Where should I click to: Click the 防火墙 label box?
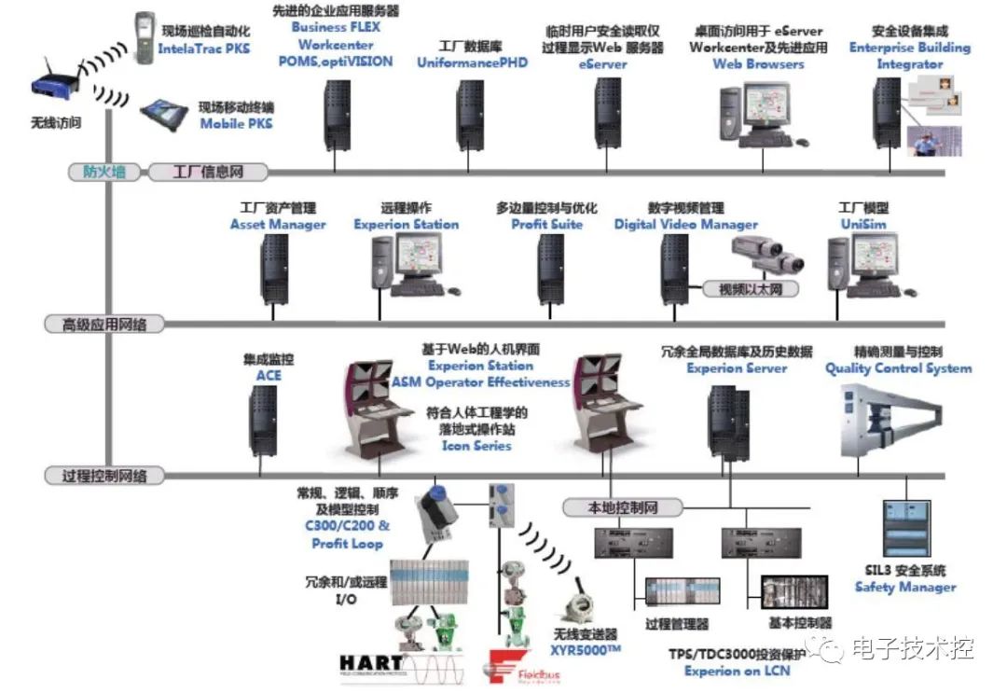(103, 172)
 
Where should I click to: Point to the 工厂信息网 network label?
(207, 172)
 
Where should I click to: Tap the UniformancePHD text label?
(472, 62)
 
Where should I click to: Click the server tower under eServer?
(608, 113)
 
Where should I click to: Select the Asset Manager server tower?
(275, 269)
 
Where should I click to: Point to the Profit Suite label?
(546, 224)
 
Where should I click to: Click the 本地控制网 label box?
(623, 507)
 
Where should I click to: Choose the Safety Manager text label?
(904, 588)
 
